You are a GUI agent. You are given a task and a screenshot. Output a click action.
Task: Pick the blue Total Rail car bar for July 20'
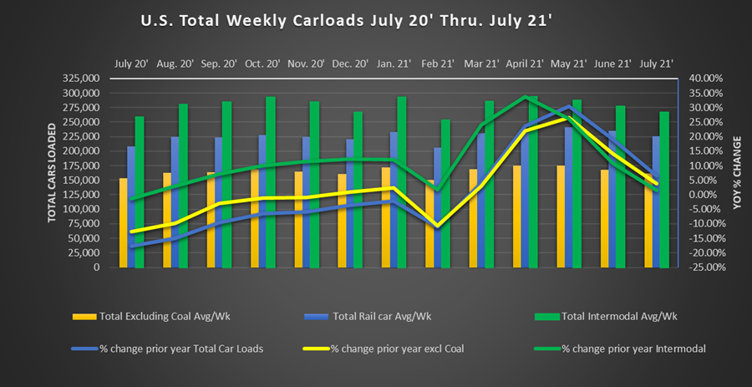pyautogui.click(x=131, y=209)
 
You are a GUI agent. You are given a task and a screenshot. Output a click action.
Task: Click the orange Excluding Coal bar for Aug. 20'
pyautogui.click(x=167, y=222)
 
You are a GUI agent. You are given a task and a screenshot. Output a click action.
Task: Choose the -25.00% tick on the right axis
pyautogui.click(x=704, y=267)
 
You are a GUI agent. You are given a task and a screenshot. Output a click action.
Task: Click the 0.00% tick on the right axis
pyautogui.click(x=706, y=195)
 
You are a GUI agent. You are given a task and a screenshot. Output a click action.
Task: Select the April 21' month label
pyautogui.click(x=524, y=63)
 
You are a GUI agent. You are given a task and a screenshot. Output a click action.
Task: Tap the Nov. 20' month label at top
pyautogui.click(x=306, y=63)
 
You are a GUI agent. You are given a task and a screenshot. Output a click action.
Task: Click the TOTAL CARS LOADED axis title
pyautogui.click(x=52, y=173)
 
